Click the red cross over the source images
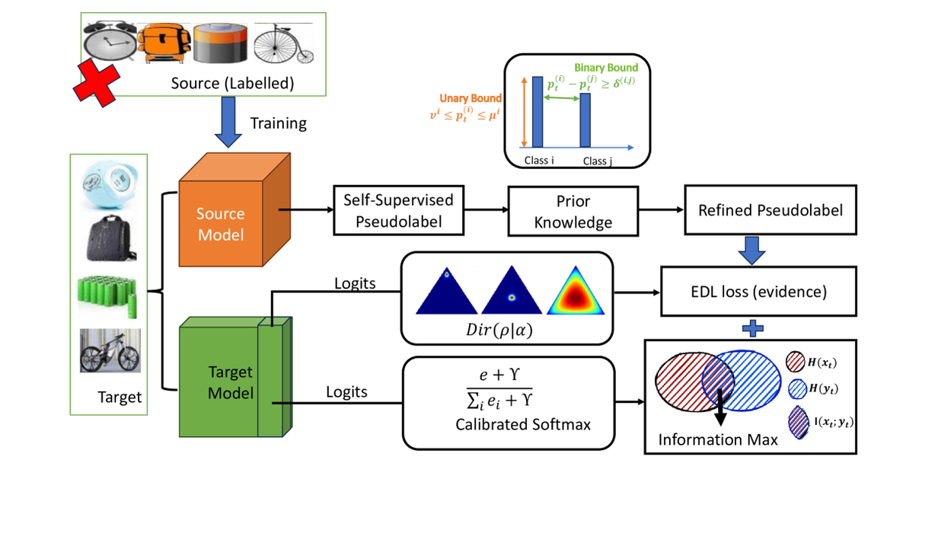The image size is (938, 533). (x=96, y=81)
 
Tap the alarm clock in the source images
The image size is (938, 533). (x=110, y=42)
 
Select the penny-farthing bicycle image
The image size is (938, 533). (x=282, y=43)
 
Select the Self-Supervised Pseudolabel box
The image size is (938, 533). (x=398, y=211)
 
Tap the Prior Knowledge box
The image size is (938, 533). (x=573, y=211)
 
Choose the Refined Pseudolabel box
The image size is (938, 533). (x=770, y=209)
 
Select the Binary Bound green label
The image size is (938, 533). (x=606, y=69)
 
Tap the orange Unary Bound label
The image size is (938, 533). (x=470, y=98)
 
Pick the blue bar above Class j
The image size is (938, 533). (x=585, y=120)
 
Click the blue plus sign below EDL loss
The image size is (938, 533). (x=752, y=328)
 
